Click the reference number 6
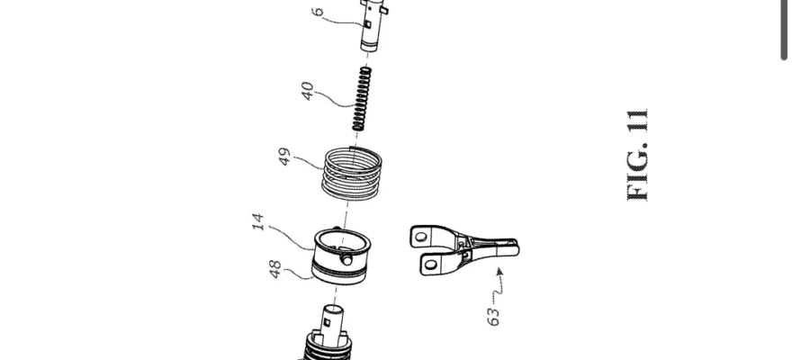pos(319,12)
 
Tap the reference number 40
pos(308,91)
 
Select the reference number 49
pos(284,157)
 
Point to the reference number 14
pos(259,221)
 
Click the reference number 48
pos(275,270)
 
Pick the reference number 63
pos(493,317)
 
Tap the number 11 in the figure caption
pos(637,121)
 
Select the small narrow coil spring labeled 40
pos(362,99)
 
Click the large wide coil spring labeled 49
pos(352,173)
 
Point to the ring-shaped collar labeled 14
pos(341,256)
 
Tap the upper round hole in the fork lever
pos(421,237)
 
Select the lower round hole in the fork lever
pos(431,265)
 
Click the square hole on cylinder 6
pos(367,24)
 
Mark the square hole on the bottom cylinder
pos(327,322)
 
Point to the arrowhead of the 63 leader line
pos(499,270)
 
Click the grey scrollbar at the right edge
pos(784,30)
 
